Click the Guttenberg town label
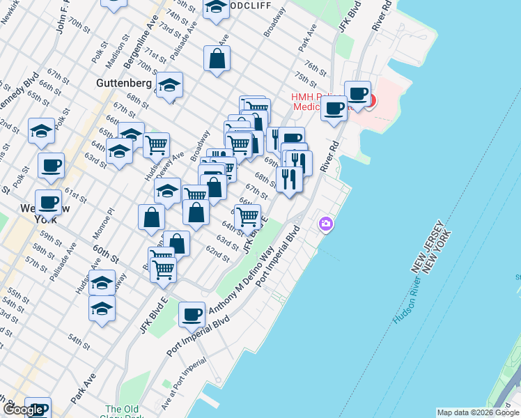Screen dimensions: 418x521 click(123, 83)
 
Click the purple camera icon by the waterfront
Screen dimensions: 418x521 click(325, 224)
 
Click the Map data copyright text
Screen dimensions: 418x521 click(478, 412)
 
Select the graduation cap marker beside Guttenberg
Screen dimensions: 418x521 click(169, 86)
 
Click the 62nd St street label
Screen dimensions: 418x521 click(217, 254)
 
